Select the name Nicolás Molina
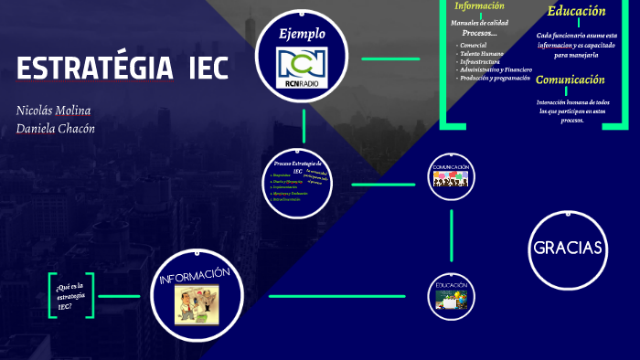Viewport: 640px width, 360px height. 53,111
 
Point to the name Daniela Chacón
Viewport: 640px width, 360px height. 56,128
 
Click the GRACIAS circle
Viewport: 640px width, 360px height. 567,248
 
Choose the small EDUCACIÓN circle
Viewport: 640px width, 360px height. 452,296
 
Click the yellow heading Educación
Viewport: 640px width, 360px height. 576,12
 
